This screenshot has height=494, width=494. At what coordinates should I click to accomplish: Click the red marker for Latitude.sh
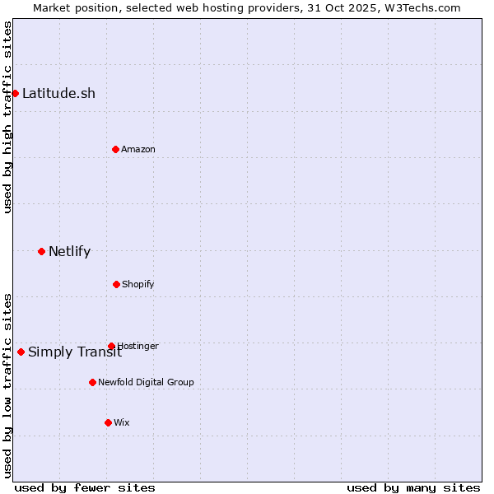(x=15, y=93)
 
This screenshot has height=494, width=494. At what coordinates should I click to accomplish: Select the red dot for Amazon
(x=115, y=149)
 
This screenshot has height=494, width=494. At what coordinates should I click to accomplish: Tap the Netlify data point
(x=41, y=251)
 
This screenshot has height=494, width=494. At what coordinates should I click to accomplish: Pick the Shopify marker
(x=116, y=284)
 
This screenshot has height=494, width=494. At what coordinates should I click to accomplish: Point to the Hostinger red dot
(x=111, y=346)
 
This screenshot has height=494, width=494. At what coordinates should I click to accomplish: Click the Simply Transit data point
(x=21, y=352)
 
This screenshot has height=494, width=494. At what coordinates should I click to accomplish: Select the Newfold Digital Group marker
(x=92, y=382)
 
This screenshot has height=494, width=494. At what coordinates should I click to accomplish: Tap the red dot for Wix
(x=108, y=422)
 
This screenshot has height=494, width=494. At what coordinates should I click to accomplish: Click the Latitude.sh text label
(x=58, y=93)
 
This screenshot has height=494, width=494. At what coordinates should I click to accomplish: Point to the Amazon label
(x=138, y=149)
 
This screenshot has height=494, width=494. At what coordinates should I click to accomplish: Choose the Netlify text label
(x=69, y=251)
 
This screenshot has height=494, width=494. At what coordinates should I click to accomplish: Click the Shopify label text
(x=138, y=284)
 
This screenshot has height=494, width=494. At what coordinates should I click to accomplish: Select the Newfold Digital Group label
(x=146, y=382)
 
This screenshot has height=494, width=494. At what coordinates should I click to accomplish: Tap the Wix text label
(x=122, y=422)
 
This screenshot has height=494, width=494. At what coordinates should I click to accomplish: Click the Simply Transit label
(x=75, y=352)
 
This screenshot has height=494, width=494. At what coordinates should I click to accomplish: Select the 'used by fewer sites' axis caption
(x=85, y=487)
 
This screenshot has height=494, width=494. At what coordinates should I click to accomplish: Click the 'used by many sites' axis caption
(x=413, y=487)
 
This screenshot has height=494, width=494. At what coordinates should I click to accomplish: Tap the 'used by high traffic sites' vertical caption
(x=7, y=118)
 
